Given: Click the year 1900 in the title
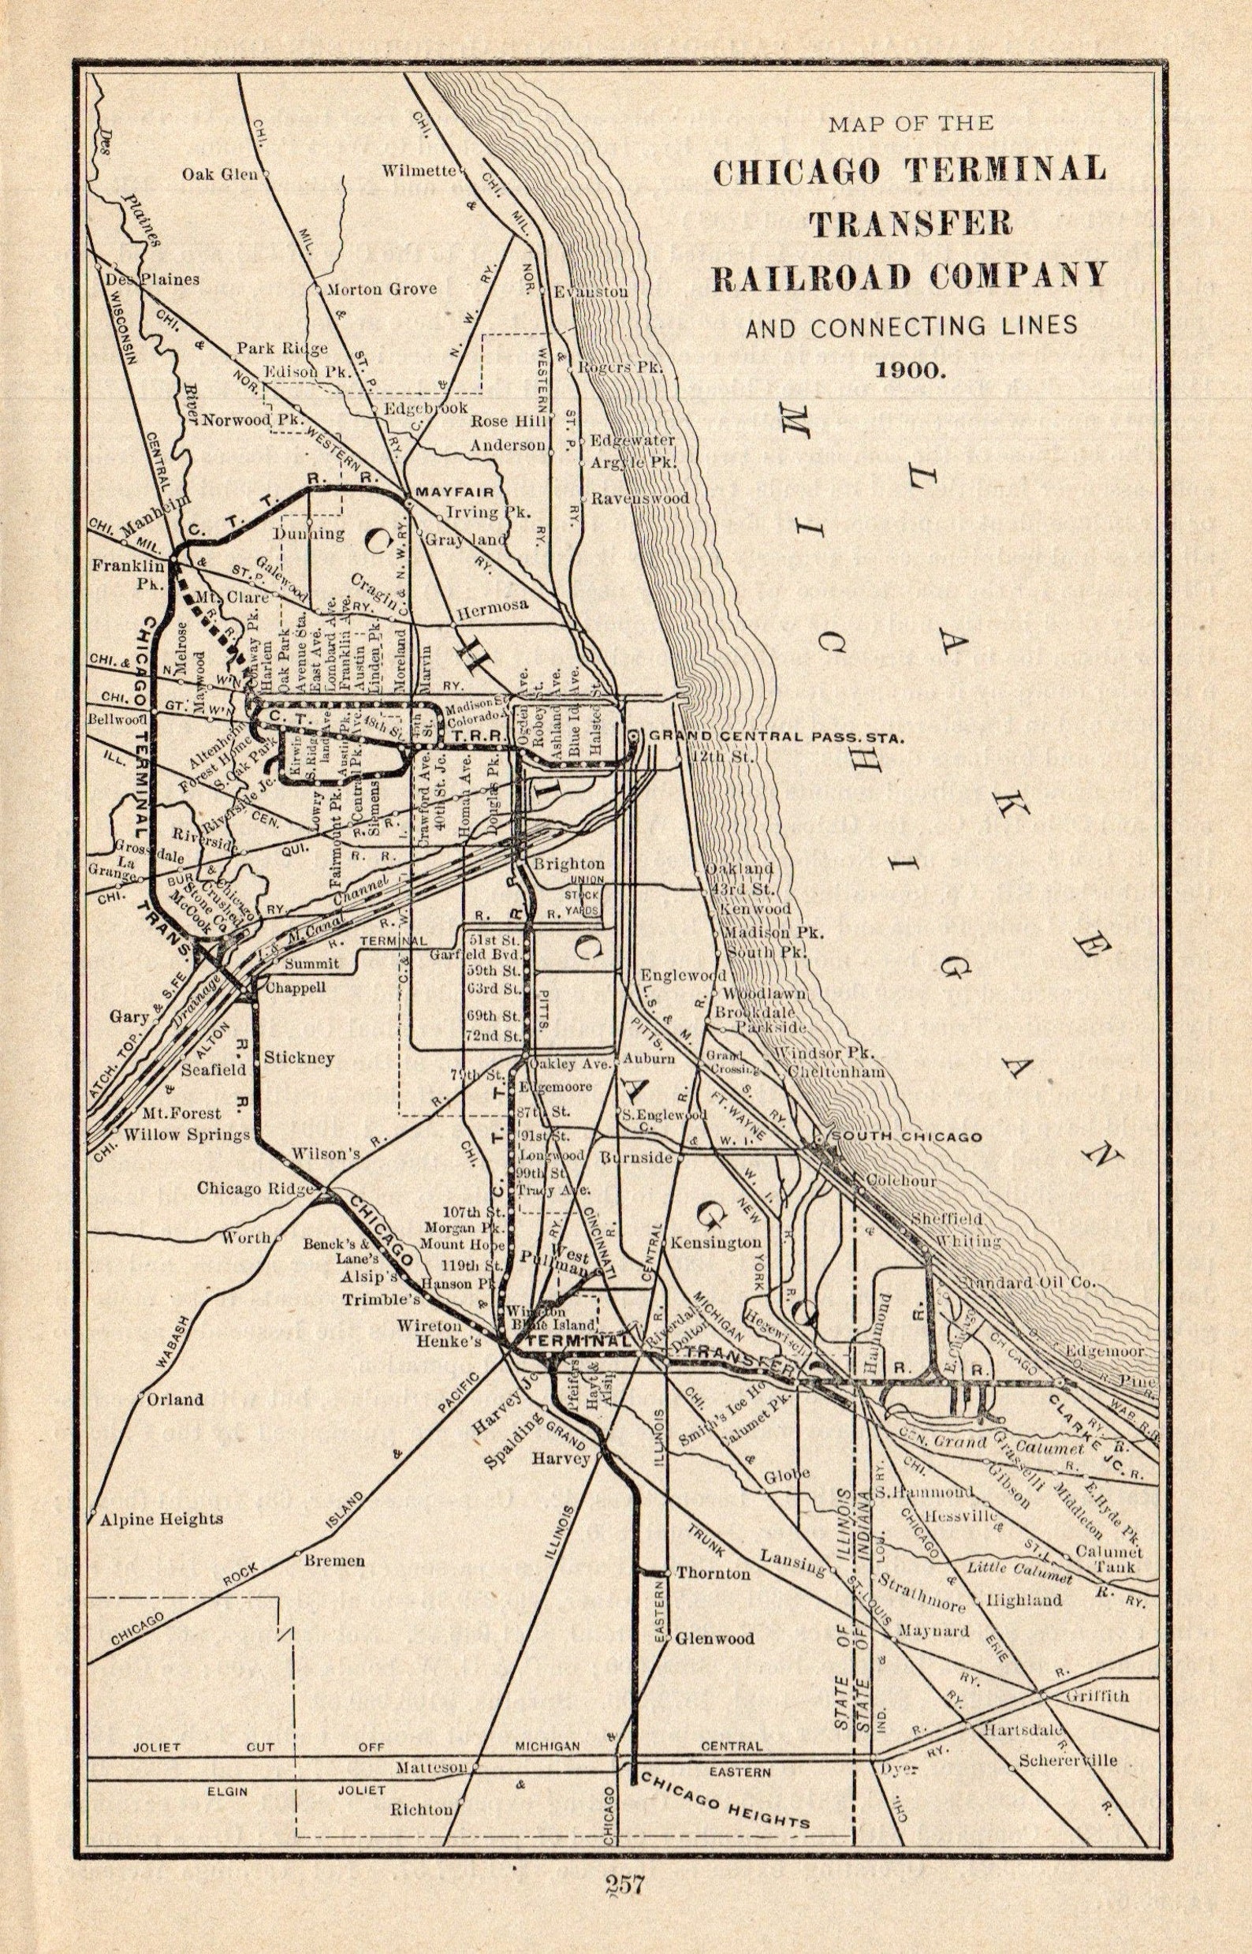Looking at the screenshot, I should (x=908, y=367).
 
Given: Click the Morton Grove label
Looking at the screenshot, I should (x=382, y=288).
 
